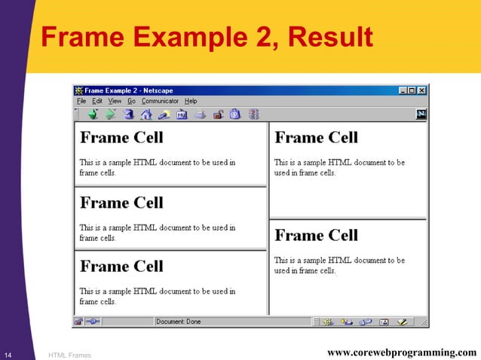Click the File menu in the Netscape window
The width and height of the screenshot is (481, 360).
point(81,101)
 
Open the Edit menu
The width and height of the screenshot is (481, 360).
point(97,101)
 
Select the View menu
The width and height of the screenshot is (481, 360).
point(115,101)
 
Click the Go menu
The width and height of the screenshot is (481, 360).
point(131,101)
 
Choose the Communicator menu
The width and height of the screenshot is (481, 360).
point(160,101)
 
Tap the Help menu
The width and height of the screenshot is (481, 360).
point(191,101)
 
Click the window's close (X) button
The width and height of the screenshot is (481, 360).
point(421,90)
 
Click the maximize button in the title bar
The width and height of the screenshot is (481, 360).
point(412,90)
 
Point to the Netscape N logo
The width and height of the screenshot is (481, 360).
point(421,114)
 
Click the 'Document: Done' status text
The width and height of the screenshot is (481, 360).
point(179,322)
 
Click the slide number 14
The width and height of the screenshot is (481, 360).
point(8,354)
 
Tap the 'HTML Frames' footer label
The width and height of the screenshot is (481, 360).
point(69,354)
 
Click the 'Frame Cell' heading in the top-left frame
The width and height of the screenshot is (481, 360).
point(121,138)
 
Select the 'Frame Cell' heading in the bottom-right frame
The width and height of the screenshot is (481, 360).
point(316,236)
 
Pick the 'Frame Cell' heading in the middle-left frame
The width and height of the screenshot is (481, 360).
point(121,203)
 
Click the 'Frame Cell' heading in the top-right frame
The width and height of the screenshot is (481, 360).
point(316,138)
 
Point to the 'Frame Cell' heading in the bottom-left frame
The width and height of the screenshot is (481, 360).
point(121,267)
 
